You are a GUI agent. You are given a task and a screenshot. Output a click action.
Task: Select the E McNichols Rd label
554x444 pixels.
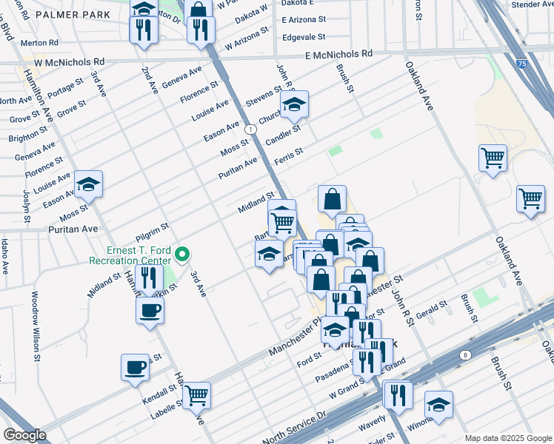coord(338,55)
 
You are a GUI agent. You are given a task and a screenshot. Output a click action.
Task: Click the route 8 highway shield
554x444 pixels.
coord(464,355)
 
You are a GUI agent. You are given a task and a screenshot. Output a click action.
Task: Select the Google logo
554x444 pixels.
coord(24,434)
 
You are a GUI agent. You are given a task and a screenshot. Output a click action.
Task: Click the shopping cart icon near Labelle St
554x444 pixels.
coord(196,395)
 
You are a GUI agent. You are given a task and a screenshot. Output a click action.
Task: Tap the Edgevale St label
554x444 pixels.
coord(304,36)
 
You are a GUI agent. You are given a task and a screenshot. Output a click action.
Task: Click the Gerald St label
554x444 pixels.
coord(433,309)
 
